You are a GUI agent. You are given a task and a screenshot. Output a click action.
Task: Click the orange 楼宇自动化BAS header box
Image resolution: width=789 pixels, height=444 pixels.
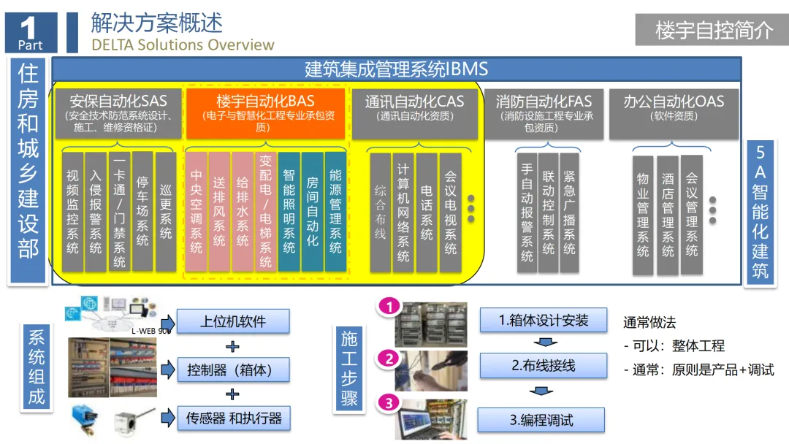pyautogui.click(x=266, y=113)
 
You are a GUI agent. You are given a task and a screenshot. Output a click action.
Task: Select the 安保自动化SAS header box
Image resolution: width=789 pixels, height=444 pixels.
pyautogui.click(x=118, y=113)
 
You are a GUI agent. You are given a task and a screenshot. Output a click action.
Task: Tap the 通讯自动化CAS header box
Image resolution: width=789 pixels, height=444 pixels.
pyautogui.click(x=414, y=113)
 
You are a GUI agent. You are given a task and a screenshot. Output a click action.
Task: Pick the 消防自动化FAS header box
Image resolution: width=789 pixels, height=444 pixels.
pyautogui.click(x=544, y=113)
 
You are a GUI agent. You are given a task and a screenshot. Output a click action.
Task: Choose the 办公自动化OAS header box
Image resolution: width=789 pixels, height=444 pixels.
pyautogui.click(x=673, y=113)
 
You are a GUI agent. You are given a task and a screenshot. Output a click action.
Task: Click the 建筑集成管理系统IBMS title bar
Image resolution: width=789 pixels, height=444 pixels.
pyautogui.click(x=396, y=70)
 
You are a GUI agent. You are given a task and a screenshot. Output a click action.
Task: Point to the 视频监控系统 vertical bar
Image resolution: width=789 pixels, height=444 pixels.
pyautogui.click(x=72, y=212)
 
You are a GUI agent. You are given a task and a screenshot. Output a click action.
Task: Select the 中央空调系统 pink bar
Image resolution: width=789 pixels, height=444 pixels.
pyautogui.click(x=196, y=212)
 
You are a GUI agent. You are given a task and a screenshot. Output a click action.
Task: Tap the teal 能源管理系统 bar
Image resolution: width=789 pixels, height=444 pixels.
pyautogui.click(x=335, y=212)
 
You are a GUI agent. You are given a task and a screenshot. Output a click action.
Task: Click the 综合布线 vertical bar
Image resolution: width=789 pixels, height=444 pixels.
pyautogui.click(x=381, y=212)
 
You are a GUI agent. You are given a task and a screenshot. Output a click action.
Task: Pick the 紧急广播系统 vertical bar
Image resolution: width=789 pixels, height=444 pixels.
pyautogui.click(x=569, y=212)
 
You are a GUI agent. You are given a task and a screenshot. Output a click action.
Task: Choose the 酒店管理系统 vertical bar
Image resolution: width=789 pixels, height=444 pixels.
pyautogui.click(x=667, y=215)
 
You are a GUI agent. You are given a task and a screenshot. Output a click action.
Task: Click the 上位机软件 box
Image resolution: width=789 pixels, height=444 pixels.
pyautogui.click(x=233, y=321)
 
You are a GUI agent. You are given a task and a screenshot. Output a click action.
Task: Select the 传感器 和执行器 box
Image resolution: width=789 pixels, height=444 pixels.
pyautogui.click(x=233, y=418)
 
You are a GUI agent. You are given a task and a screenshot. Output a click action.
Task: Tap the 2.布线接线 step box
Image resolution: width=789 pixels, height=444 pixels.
pyautogui.click(x=543, y=365)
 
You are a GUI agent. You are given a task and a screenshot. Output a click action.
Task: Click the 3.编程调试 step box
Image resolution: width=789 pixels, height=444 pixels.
pyautogui.click(x=541, y=420)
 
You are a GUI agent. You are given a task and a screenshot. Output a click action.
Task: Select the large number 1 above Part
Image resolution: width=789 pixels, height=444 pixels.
pyautogui.click(x=28, y=28)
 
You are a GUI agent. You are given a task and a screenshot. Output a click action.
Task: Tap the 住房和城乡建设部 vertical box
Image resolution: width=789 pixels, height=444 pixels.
pyautogui.click(x=28, y=172)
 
